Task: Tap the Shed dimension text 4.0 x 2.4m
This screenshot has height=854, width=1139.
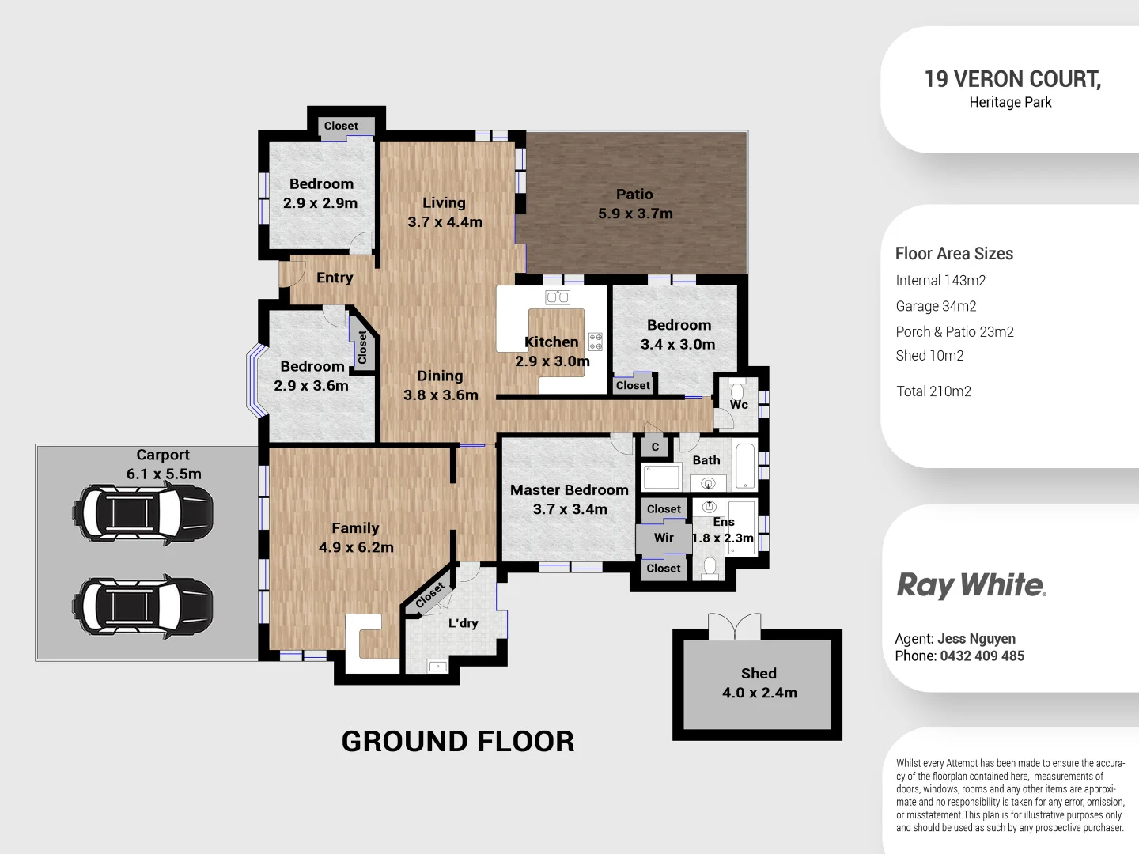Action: click(759, 693)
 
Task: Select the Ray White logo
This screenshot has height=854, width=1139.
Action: click(971, 586)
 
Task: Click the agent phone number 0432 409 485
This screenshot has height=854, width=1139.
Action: click(981, 656)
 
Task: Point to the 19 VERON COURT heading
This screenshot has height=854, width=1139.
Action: click(1012, 79)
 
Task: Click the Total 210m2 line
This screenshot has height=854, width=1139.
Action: click(933, 391)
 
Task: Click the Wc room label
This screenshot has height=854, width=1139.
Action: click(739, 405)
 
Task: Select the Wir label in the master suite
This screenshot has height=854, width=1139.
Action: click(664, 538)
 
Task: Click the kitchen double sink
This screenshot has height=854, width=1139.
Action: click(558, 297)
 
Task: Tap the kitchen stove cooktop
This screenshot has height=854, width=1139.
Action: click(596, 342)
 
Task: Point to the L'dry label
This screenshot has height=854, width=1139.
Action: click(463, 623)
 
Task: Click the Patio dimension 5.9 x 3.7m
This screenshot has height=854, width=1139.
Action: click(634, 213)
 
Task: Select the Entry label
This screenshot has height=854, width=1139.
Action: click(335, 278)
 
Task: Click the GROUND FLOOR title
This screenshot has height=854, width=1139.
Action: click(457, 742)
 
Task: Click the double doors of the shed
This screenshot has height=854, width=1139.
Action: click(735, 627)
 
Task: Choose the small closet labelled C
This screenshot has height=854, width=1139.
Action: click(655, 447)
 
